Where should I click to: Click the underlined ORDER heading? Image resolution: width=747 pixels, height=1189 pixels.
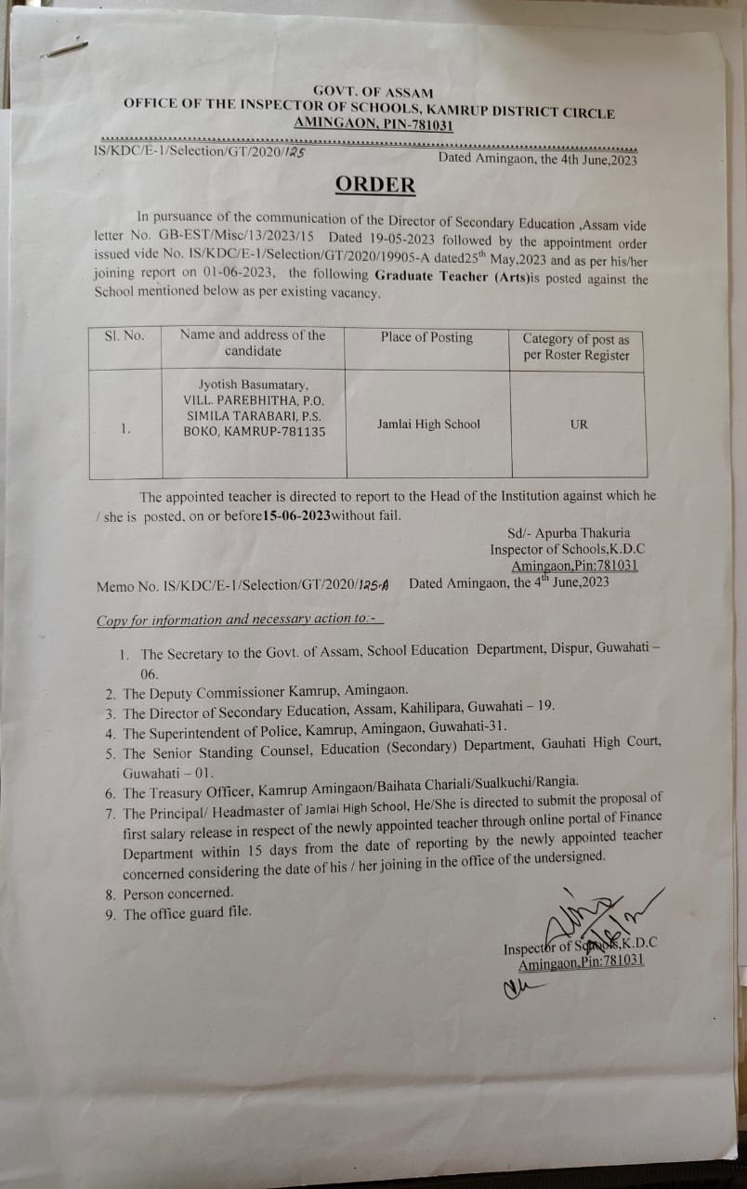(x=375, y=184)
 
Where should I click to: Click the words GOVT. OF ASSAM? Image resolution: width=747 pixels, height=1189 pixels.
(x=373, y=91)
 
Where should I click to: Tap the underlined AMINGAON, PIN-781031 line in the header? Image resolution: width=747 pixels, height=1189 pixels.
(x=373, y=124)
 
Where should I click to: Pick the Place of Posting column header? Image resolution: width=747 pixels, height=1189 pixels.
(x=426, y=337)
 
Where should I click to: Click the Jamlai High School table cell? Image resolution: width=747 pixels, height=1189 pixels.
(x=428, y=425)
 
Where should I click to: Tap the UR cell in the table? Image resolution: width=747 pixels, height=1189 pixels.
(x=579, y=425)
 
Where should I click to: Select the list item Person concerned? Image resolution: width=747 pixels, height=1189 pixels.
(x=178, y=894)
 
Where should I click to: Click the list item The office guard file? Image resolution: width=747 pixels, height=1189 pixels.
(x=187, y=914)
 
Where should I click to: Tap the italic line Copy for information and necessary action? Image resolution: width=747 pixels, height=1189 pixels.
(x=240, y=620)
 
